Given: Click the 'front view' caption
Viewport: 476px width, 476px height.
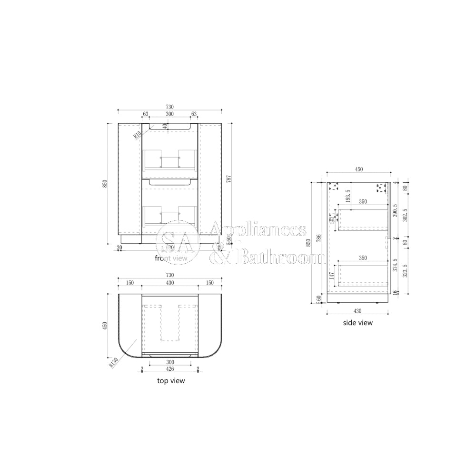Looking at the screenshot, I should (171, 258).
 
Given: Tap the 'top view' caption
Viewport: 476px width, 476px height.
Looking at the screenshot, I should (171, 381).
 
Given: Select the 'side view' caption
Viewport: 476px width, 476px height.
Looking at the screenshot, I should (358, 323).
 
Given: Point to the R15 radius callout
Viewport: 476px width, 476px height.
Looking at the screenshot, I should (138, 135).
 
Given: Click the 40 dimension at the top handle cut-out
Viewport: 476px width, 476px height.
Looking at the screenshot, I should (165, 126).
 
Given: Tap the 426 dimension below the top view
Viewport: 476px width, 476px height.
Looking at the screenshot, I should (170, 369).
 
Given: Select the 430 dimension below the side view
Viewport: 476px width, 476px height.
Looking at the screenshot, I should (357, 311).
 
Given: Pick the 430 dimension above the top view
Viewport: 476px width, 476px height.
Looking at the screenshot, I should (170, 283).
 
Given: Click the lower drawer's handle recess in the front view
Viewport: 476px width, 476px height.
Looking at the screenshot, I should (170, 182).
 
